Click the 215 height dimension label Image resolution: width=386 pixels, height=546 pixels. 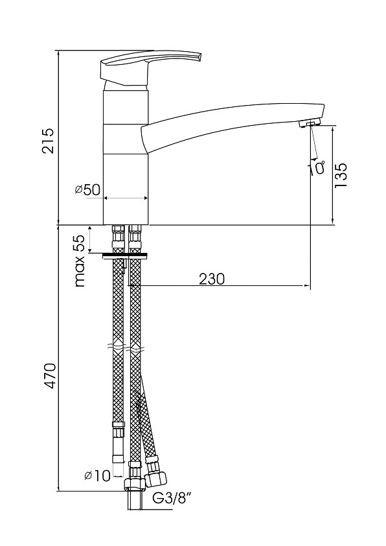coord(47,141)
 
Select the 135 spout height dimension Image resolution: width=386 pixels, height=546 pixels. coord(341,175)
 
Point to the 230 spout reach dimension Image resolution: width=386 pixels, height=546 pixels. coord(212,279)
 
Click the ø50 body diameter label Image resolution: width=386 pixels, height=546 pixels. coord(87,190)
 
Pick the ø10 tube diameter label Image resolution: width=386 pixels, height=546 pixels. coord(97,476)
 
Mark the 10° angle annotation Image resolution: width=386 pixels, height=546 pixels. coord(317,167)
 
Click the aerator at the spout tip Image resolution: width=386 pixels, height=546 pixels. coord(310,123)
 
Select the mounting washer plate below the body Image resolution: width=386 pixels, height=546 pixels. coord(125,256)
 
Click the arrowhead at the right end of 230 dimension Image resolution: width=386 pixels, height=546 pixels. coord(307,286)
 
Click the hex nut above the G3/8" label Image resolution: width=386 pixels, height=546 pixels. coord(135,484)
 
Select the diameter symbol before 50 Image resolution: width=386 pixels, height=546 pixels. coord(78,190)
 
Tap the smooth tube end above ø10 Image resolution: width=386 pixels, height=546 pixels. coord(119,458)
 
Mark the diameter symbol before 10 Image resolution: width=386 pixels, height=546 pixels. coord(89,476)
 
